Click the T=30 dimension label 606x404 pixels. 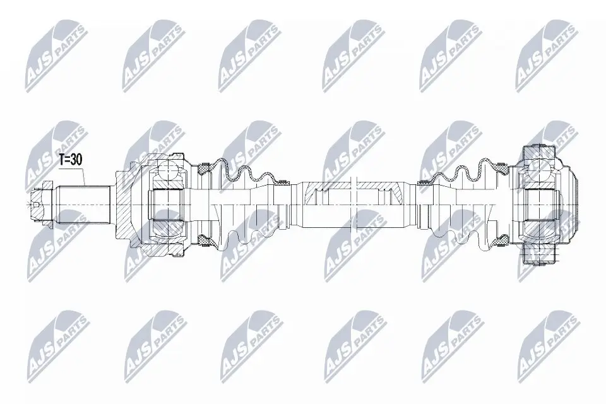[69, 160]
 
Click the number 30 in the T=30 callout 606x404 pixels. [76, 160]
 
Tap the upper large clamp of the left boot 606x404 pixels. [203, 169]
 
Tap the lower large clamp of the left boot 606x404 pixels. [203, 239]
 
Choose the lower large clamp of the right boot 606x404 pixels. [500, 240]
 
